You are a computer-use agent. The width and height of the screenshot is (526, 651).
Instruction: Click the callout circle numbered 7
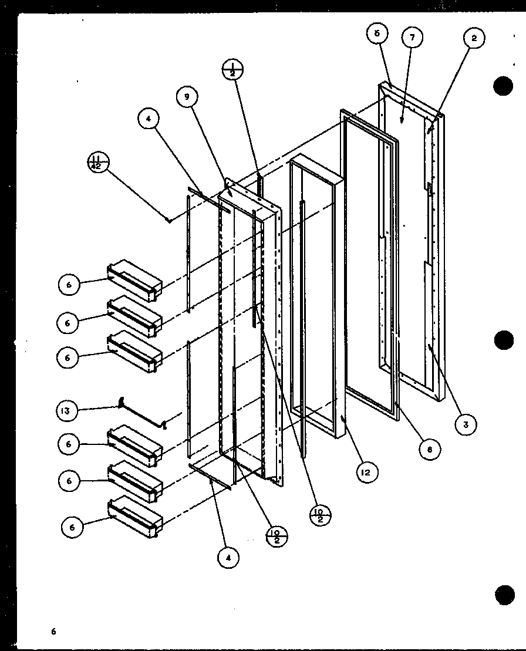(x=413, y=37)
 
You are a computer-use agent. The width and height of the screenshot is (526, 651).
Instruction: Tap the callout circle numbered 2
(x=474, y=39)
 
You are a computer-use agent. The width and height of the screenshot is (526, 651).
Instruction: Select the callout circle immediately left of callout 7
(x=377, y=33)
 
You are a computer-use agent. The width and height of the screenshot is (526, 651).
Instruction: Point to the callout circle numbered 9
(x=187, y=97)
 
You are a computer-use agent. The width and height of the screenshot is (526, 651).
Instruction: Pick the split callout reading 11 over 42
(x=98, y=161)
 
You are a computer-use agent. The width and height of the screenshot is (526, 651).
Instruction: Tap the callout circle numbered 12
(x=366, y=471)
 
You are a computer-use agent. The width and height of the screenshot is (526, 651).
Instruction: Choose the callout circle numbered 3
(x=466, y=424)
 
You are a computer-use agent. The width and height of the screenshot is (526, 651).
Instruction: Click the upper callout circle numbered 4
(x=149, y=119)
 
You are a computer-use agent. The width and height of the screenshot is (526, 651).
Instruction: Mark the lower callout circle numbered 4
(x=228, y=557)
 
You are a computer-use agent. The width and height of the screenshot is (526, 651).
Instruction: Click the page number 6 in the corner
(x=53, y=632)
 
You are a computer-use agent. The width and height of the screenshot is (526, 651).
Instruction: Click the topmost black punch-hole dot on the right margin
(x=503, y=86)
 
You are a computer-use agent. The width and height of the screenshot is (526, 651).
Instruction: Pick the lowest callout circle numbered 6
(x=72, y=528)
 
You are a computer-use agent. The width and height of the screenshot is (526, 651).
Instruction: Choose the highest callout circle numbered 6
(x=69, y=285)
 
